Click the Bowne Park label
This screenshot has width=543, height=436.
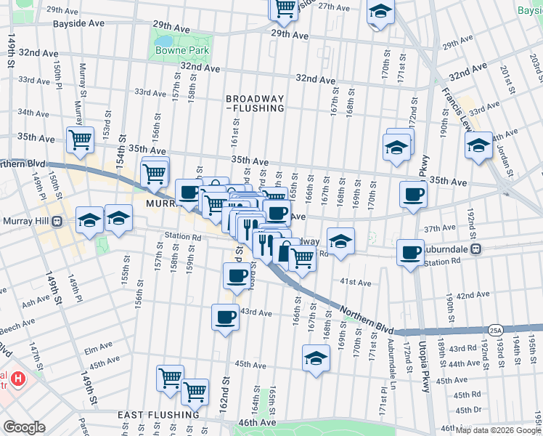point(181,50)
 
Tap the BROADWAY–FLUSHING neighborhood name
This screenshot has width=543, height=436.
point(254,103)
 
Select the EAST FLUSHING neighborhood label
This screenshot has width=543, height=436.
point(158,415)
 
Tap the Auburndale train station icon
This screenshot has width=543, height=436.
point(476,249)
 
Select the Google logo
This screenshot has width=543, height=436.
point(24,427)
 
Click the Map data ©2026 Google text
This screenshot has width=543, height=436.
point(498,430)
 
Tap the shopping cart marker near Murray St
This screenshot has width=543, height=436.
point(80,139)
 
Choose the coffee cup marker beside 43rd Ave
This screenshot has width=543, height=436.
point(225,317)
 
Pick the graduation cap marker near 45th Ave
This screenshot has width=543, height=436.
point(315,358)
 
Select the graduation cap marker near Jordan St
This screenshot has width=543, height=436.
point(478,145)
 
